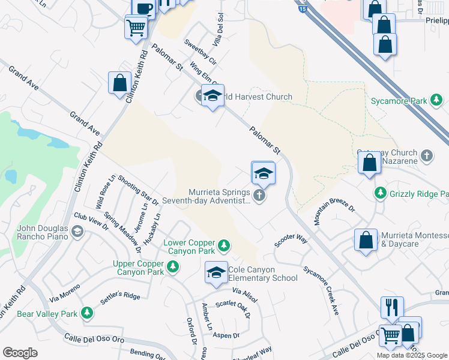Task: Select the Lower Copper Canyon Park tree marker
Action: [x=223, y=245]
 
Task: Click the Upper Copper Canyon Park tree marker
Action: [x=173, y=267]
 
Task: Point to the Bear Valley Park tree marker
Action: [x=87, y=313]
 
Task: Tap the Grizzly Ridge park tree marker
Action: [x=379, y=193]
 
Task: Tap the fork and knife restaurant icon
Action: [x=392, y=307]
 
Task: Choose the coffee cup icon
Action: [x=144, y=8]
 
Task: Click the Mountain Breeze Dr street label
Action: [x=334, y=212]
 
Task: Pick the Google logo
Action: [x=20, y=353]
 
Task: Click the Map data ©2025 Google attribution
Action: [x=412, y=355]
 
